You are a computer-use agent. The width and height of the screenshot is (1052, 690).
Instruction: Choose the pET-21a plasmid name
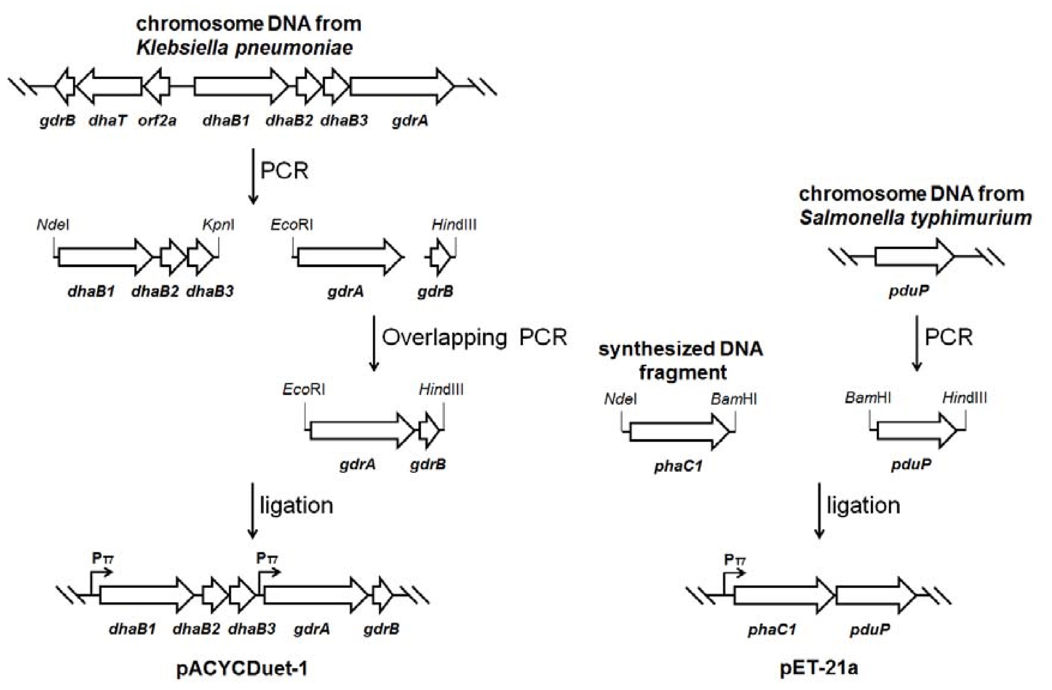tap(819, 668)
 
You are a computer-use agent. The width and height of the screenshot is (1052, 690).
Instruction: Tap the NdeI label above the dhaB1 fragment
tap(53, 225)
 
